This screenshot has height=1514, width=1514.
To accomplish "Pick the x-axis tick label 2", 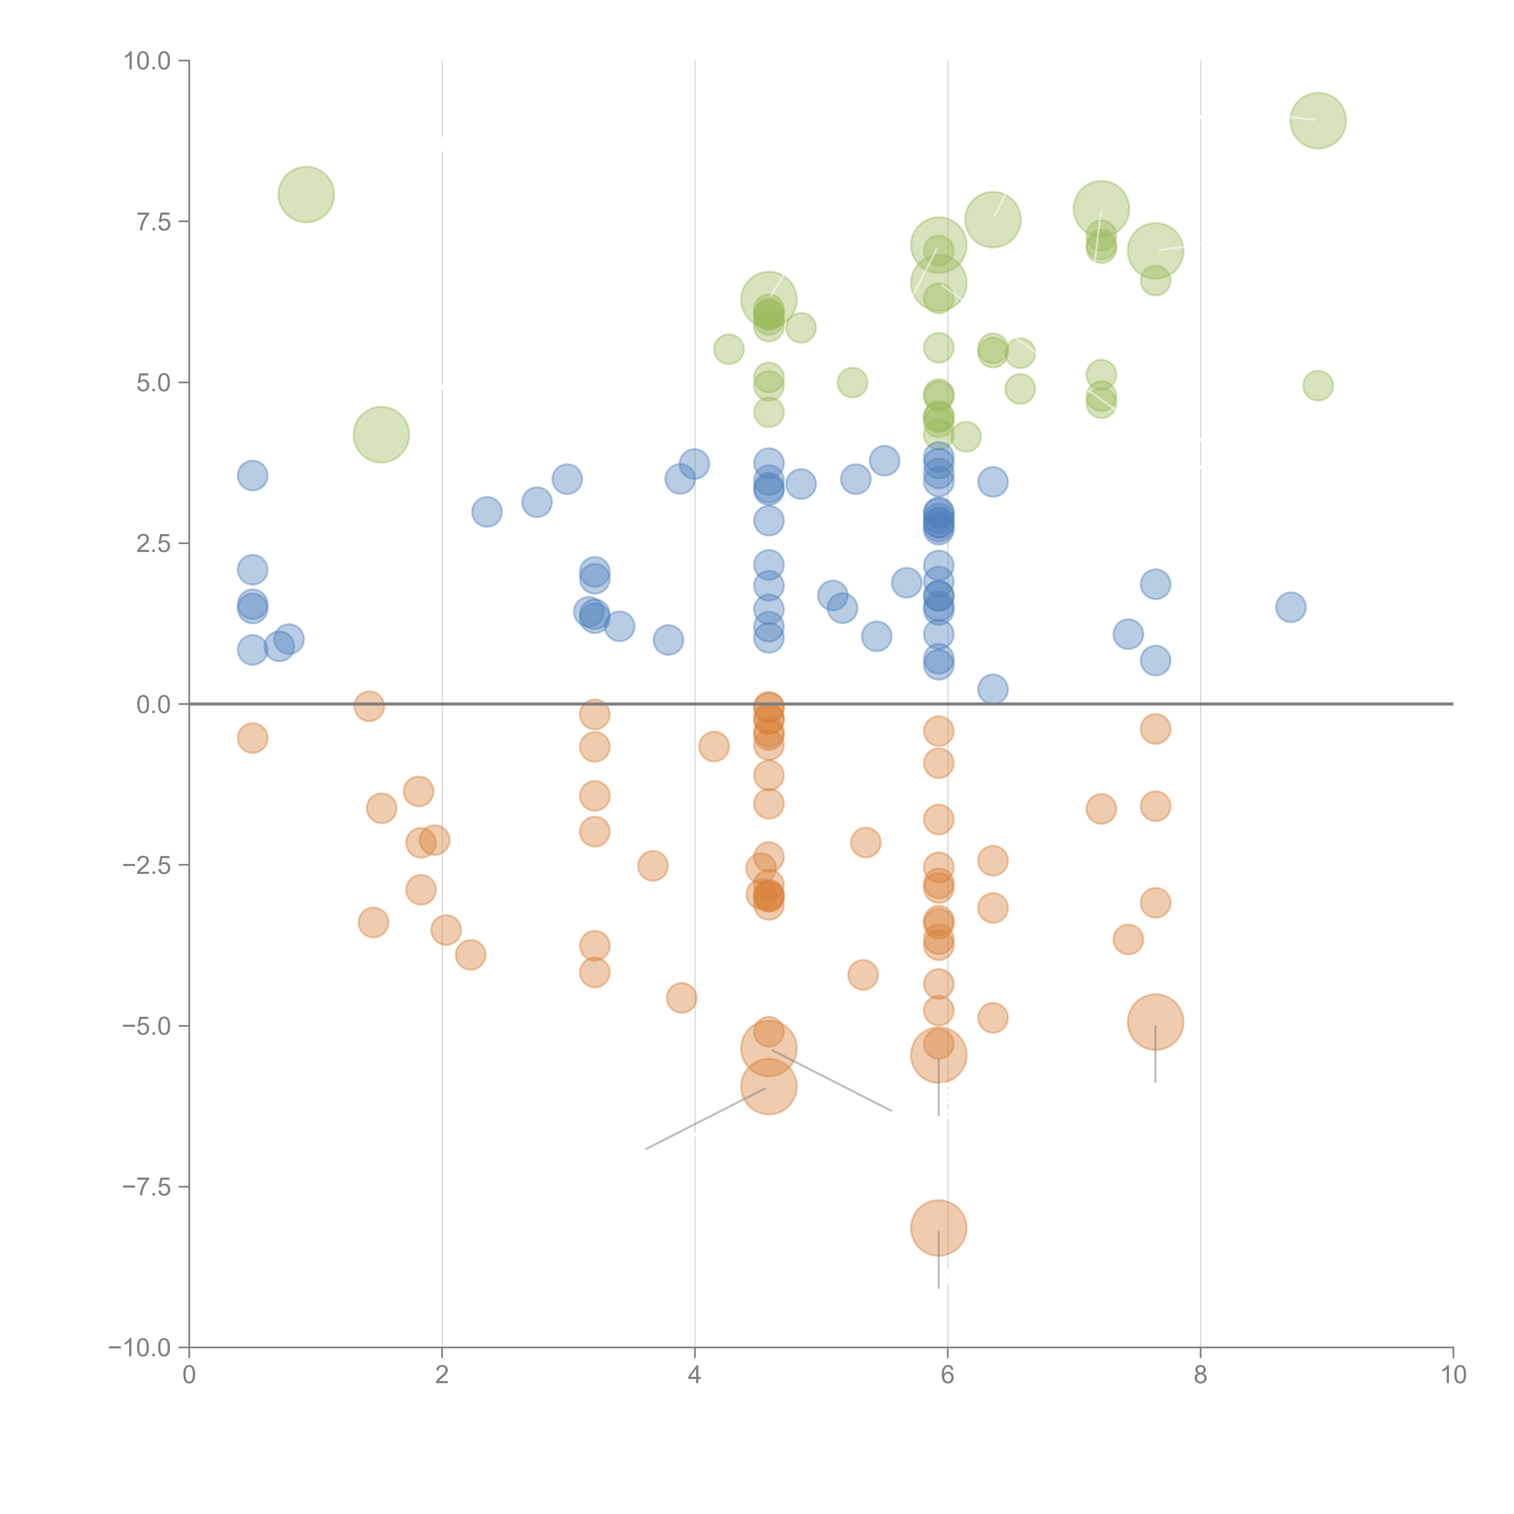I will click(442, 1375).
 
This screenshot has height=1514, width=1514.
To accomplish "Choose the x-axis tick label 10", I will click(1453, 1375).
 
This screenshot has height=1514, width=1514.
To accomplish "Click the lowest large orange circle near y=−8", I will click(938, 1228).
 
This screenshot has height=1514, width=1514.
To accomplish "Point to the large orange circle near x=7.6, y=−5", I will click(1155, 1022).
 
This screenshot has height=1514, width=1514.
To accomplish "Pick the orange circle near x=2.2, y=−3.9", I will click(470, 954).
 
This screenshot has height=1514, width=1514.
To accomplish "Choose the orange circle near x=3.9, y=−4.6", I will click(682, 998).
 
